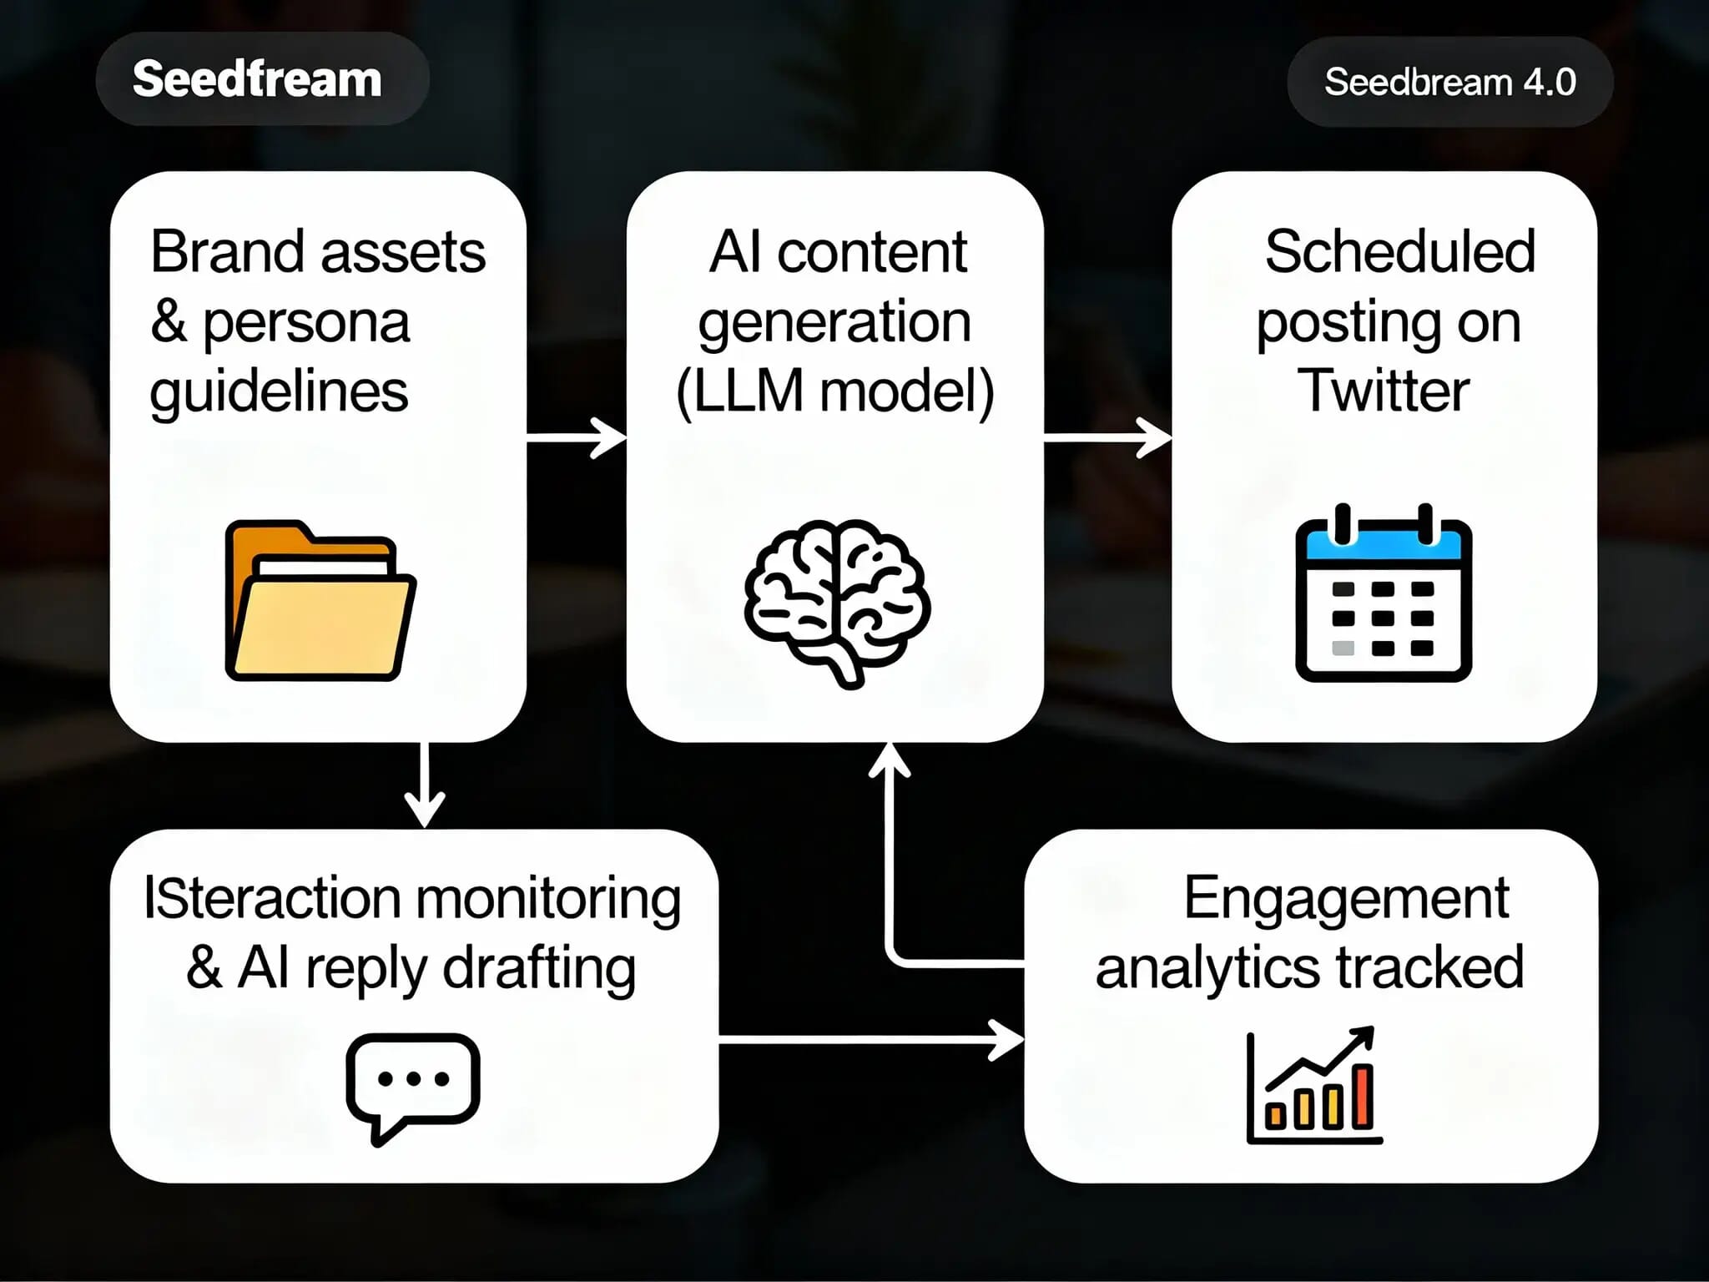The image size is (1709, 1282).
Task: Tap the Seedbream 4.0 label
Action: pos(1449,82)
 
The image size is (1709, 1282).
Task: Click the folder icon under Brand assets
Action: pos(320,601)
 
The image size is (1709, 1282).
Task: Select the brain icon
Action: pos(837,601)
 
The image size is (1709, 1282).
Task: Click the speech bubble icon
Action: pos(413,1086)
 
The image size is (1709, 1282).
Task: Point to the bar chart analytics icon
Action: pos(1313,1086)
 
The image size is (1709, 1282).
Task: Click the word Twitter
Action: pos(1383,390)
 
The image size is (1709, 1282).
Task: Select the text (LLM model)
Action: pos(835,390)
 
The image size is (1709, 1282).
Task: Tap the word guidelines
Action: pos(279,391)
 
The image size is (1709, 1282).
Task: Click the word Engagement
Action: pos(1346,898)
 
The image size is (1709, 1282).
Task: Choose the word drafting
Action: pos(538,969)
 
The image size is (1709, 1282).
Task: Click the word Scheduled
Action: pos(1399,251)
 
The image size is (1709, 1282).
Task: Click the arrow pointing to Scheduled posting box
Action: pos(1108,437)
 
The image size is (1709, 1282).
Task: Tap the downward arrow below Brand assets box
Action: pos(425,785)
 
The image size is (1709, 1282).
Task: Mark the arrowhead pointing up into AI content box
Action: pos(890,759)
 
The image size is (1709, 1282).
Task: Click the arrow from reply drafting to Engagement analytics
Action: pos(871,1040)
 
